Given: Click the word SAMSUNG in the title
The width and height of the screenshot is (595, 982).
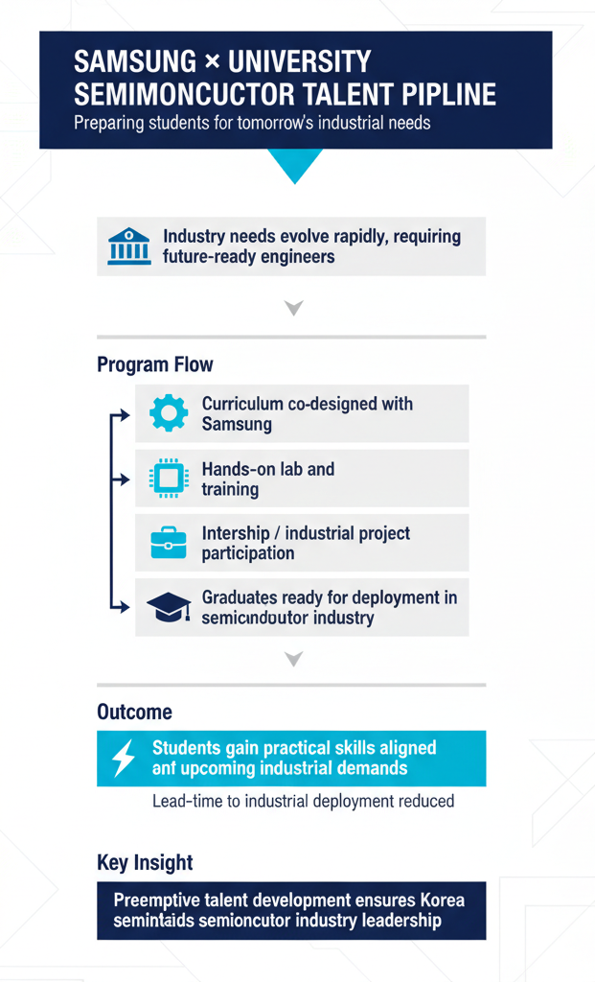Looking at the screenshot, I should [135, 62].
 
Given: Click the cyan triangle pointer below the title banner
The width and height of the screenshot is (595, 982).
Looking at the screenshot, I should [295, 165].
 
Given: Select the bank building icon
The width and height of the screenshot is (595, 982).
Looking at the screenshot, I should [129, 246].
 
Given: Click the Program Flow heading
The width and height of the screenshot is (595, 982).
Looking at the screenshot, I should [155, 364].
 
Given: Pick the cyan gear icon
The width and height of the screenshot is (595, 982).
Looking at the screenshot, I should [170, 413].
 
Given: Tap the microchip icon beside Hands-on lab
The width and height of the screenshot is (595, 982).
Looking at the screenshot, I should [170, 479].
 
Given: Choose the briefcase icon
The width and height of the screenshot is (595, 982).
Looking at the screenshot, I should [170, 543].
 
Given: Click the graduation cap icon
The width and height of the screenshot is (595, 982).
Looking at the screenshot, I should [170, 607].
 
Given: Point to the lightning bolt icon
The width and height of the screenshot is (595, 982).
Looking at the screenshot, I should [125, 758].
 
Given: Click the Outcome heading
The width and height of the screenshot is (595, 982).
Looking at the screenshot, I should [135, 712].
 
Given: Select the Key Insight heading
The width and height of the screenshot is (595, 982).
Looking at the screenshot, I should [146, 862].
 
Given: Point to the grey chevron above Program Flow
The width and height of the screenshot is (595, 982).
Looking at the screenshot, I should [294, 308].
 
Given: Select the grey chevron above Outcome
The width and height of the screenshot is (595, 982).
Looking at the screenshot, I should [294, 659].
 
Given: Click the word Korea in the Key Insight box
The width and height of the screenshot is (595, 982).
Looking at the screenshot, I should [443, 901].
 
